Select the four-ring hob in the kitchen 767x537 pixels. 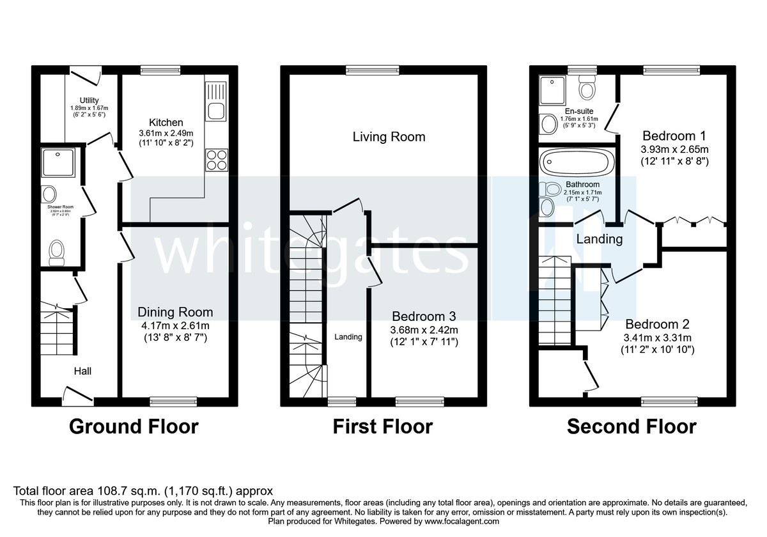click(217, 160)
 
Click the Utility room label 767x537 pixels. click(89, 100)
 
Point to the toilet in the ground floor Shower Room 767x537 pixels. click(57, 251)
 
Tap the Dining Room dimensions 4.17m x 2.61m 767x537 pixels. click(175, 325)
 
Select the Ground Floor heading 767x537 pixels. click(134, 426)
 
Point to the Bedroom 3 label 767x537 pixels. click(424, 316)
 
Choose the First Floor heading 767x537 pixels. click(382, 426)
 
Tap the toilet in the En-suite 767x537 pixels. click(586, 84)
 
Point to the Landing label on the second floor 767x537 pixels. click(599, 240)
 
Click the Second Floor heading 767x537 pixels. click(631, 426)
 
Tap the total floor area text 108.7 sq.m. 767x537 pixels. click(144, 491)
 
